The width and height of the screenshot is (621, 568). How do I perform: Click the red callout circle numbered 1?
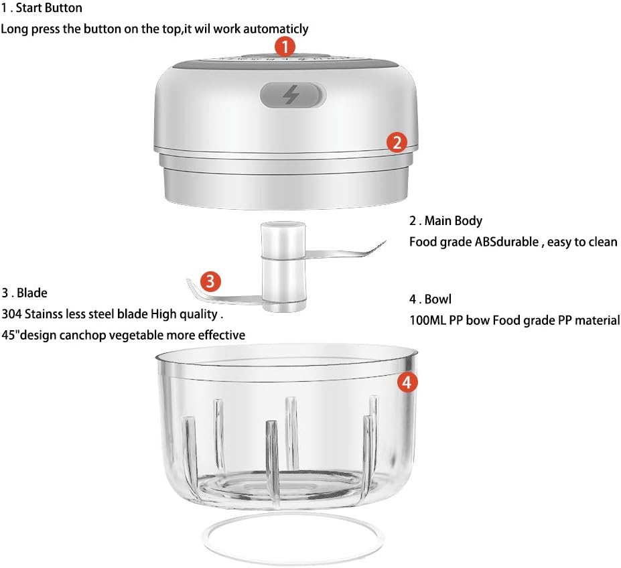285,47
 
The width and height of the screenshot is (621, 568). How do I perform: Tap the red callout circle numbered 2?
397,142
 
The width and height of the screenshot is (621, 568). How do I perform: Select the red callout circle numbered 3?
210,281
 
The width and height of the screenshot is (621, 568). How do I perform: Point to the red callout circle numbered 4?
407,382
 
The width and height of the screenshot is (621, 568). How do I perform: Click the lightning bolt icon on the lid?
291,95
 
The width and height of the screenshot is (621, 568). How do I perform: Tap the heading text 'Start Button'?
49,8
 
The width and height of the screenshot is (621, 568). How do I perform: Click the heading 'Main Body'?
454,220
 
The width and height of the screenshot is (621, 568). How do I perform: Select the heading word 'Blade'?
32,293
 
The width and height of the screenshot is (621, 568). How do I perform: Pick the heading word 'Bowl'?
438,299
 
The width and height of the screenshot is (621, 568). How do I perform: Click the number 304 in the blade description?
11,314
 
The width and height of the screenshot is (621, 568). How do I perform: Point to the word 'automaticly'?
275,29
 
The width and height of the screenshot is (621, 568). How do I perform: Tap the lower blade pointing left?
224,293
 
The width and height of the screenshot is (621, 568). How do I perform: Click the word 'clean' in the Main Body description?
602,242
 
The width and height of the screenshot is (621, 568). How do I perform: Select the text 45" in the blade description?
10,335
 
